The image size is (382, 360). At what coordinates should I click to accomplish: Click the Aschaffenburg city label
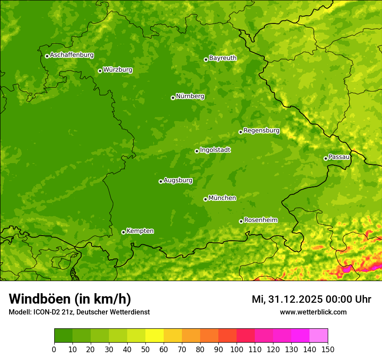(x=72, y=55)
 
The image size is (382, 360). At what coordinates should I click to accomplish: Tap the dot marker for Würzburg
(x=100, y=71)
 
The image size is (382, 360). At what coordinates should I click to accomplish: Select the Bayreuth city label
(x=223, y=58)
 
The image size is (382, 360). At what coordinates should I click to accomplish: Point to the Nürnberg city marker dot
(x=173, y=98)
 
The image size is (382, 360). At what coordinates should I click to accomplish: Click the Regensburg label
(x=261, y=131)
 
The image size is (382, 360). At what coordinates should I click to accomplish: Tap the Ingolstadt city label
(x=215, y=150)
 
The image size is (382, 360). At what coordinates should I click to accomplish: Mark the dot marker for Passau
(x=326, y=158)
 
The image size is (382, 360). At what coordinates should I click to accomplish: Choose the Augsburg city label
(x=178, y=180)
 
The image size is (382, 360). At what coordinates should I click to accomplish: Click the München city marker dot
(x=205, y=199)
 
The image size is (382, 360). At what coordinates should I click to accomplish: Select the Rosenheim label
(x=260, y=220)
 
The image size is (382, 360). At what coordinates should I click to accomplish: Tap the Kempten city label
(x=140, y=231)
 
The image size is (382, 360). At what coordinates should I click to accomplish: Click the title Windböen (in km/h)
(x=69, y=299)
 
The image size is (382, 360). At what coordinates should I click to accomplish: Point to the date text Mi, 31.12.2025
(x=290, y=299)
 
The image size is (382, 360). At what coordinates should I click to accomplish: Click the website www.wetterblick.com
(x=313, y=312)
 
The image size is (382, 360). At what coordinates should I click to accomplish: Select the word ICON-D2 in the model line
(x=46, y=312)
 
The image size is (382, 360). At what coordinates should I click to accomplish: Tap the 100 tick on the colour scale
(x=237, y=349)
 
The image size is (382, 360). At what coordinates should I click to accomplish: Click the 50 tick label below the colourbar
(x=145, y=349)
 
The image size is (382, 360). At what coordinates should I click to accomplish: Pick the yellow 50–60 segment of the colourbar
(x=155, y=336)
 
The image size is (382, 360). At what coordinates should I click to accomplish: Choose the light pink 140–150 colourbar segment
(x=319, y=336)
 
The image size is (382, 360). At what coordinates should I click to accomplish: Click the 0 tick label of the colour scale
(x=54, y=349)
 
